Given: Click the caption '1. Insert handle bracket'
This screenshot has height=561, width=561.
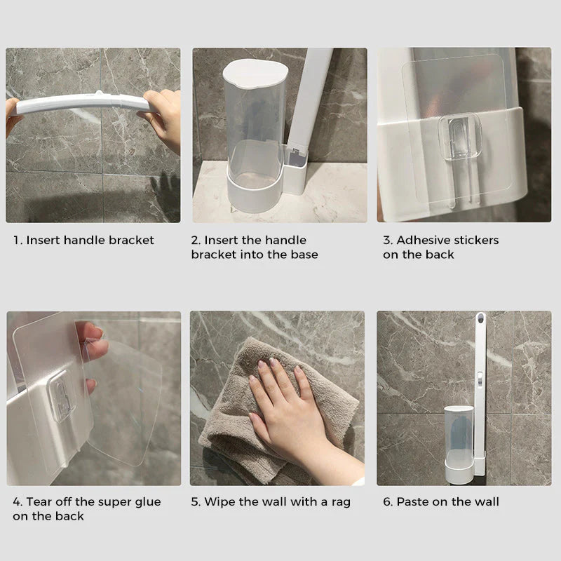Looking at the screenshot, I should [x=83, y=241].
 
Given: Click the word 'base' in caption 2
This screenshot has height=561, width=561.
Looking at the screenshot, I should [x=304, y=255].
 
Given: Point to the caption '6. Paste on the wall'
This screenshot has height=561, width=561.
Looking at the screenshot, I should [x=440, y=502].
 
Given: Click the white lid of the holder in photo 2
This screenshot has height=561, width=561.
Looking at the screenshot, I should [x=255, y=70].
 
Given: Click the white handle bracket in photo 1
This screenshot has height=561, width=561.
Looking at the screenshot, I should [x=81, y=104].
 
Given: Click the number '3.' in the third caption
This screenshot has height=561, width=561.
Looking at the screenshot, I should [x=388, y=241].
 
